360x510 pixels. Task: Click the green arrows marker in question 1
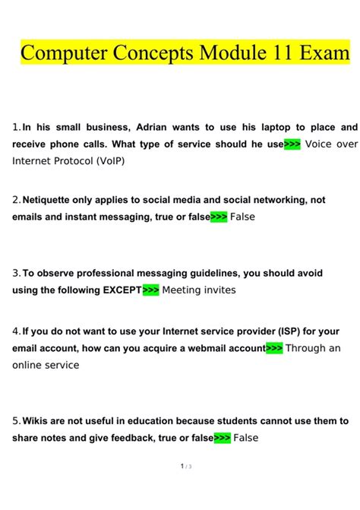292,144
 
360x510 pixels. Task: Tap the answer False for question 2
243,217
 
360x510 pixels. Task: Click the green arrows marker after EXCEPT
150,290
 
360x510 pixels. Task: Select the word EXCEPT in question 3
122,290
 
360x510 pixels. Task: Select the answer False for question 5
247,438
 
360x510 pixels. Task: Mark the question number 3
16,273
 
